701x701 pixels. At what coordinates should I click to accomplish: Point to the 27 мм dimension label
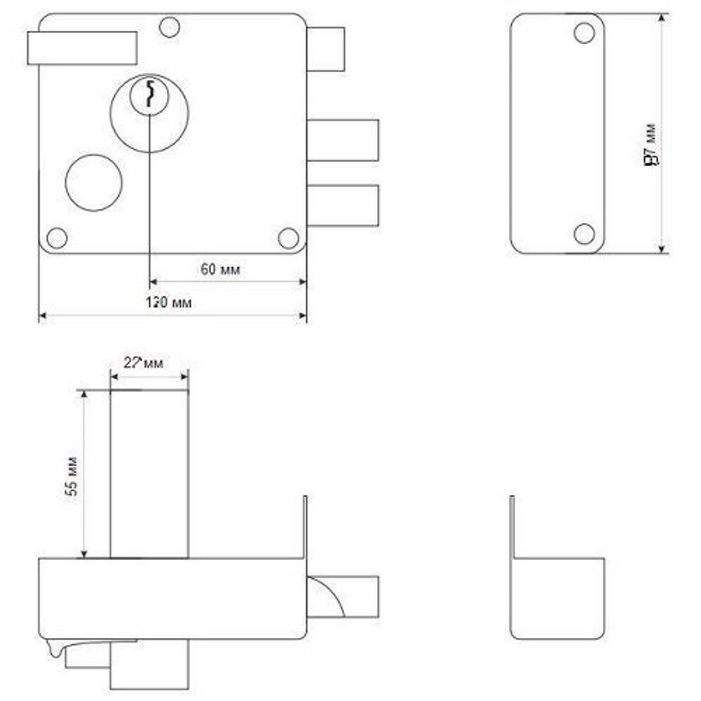(143, 363)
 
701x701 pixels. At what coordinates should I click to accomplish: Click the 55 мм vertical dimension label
(72, 476)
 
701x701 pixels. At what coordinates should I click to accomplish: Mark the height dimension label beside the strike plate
(651, 153)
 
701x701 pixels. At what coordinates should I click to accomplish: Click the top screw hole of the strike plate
(583, 32)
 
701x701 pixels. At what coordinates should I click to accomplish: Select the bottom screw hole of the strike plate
(584, 233)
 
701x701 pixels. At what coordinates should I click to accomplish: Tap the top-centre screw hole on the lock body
(169, 27)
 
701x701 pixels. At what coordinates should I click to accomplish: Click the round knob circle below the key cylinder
(94, 182)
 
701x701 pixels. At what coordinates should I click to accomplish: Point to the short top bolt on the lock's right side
(326, 49)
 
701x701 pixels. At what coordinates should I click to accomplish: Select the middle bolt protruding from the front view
(343, 140)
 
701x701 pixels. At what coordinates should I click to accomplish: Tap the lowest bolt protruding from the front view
(343, 205)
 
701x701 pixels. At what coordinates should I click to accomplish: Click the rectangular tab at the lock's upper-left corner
(81, 48)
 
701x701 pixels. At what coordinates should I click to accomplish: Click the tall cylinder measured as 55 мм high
(149, 475)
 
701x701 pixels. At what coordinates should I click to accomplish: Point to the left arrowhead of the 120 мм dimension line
(42, 317)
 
